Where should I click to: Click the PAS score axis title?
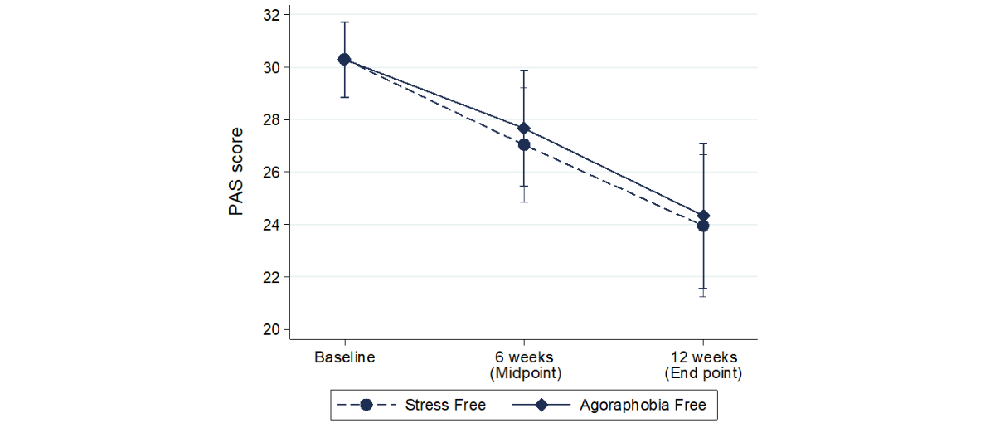tap(236, 172)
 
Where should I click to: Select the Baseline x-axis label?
tap(344, 357)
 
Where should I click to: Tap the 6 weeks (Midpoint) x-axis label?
tap(524, 365)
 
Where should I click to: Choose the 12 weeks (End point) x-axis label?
tap(703, 365)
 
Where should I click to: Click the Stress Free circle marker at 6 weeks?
tap(524, 144)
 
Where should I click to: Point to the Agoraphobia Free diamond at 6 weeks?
tap(524, 129)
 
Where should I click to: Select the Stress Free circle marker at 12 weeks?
tap(703, 226)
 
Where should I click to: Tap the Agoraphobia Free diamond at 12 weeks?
tap(703, 216)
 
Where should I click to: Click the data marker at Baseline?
tap(344, 59)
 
